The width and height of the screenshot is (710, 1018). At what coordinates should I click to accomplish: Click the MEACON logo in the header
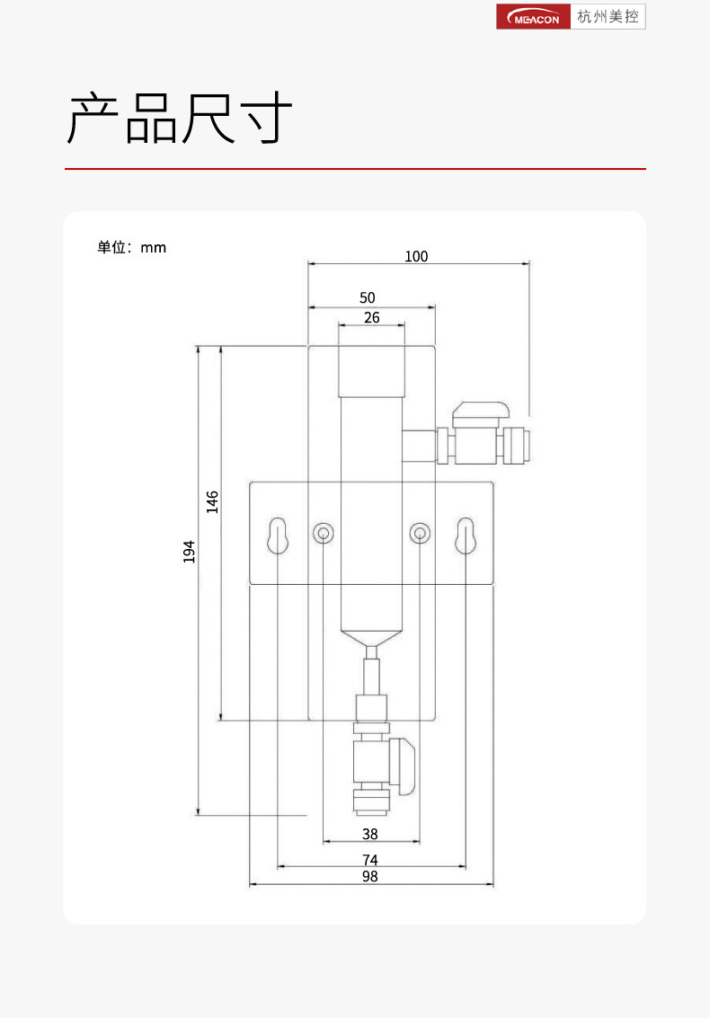(x=533, y=17)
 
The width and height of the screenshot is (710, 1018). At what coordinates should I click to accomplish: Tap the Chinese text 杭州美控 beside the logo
(x=608, y=17)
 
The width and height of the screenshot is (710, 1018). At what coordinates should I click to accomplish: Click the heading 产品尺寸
(x=179, y=118)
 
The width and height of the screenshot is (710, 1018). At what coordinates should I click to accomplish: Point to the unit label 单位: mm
(x=132, y=247)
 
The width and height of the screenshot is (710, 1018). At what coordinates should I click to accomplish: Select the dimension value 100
(x=416, y=256)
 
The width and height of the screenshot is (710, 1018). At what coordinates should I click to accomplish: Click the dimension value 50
(x=367, y=297)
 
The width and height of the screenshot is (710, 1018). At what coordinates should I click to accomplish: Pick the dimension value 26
(x=371, y=317)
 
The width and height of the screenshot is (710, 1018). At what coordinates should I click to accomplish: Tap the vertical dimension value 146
(x=212, y=502)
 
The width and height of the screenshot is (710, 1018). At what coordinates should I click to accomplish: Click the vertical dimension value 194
(x=189, y=551)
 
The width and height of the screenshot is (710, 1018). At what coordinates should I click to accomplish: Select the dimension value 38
(x=370, y=834)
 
